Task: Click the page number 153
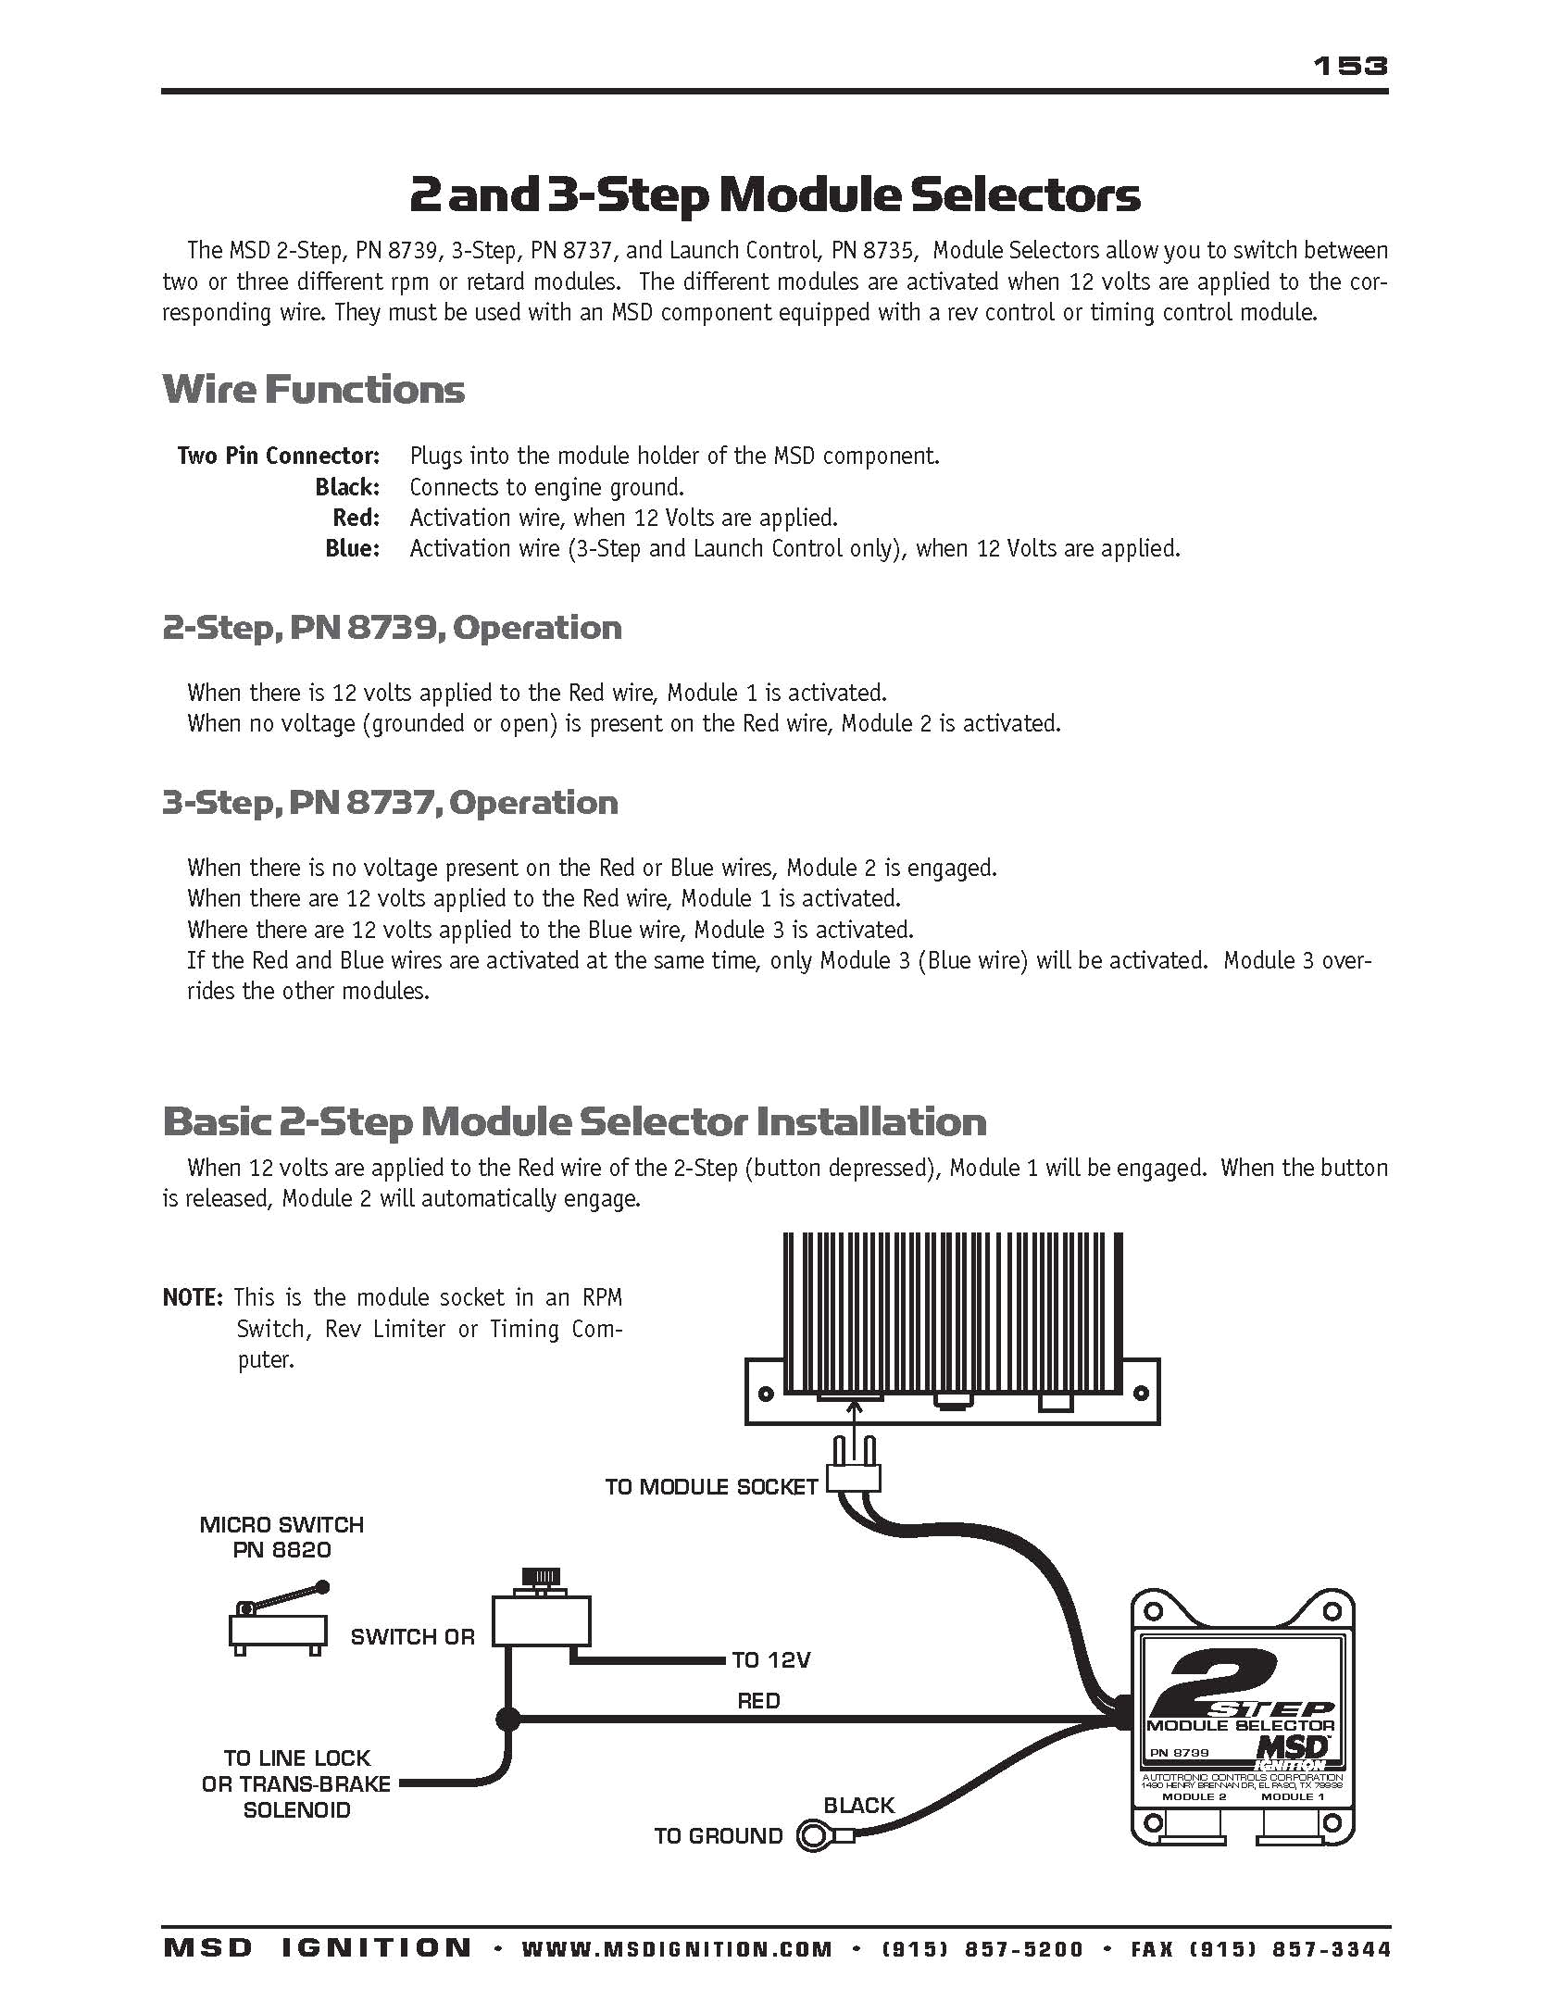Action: pos(1350,66)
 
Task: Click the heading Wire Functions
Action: pos(313,389)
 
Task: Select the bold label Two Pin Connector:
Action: pos(279,456)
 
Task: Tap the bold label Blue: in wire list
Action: pos(352,548)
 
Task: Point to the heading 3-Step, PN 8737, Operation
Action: pos(390,802)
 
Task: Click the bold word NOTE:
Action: pos(193,1297)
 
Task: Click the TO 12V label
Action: pos(770,1660)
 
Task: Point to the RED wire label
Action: pos(758,1701)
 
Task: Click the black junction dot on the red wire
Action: pos(507,1720)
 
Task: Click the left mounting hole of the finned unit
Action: pos(766,1393)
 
